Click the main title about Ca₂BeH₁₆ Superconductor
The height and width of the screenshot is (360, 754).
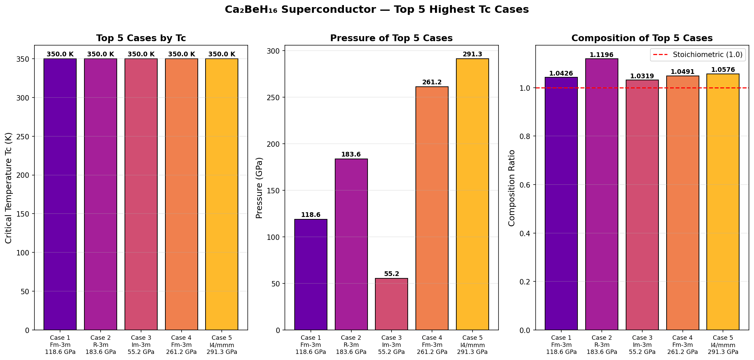[377, 9]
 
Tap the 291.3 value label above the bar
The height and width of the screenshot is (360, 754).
[472, 54]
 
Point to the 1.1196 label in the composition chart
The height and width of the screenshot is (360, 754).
[601, 55]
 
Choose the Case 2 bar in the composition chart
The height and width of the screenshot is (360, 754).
[601, 194]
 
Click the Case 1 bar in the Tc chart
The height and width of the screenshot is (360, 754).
[60, 194]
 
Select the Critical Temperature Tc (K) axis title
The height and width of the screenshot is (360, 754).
[8, 188]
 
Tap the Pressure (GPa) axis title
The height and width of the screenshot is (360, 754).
[259, 188]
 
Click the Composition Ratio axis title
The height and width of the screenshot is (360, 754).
[512, 188]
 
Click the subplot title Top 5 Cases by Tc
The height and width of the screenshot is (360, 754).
[141, 38]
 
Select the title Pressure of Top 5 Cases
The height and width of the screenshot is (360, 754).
[391, 38]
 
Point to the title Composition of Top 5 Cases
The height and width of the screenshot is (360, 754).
[642, 38]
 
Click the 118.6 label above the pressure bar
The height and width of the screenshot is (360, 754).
[311, 215]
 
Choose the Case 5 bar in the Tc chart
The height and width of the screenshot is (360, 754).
[222, 194]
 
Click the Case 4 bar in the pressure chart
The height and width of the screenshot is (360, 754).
[432, 208]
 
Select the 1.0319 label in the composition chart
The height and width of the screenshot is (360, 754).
[642, 76]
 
